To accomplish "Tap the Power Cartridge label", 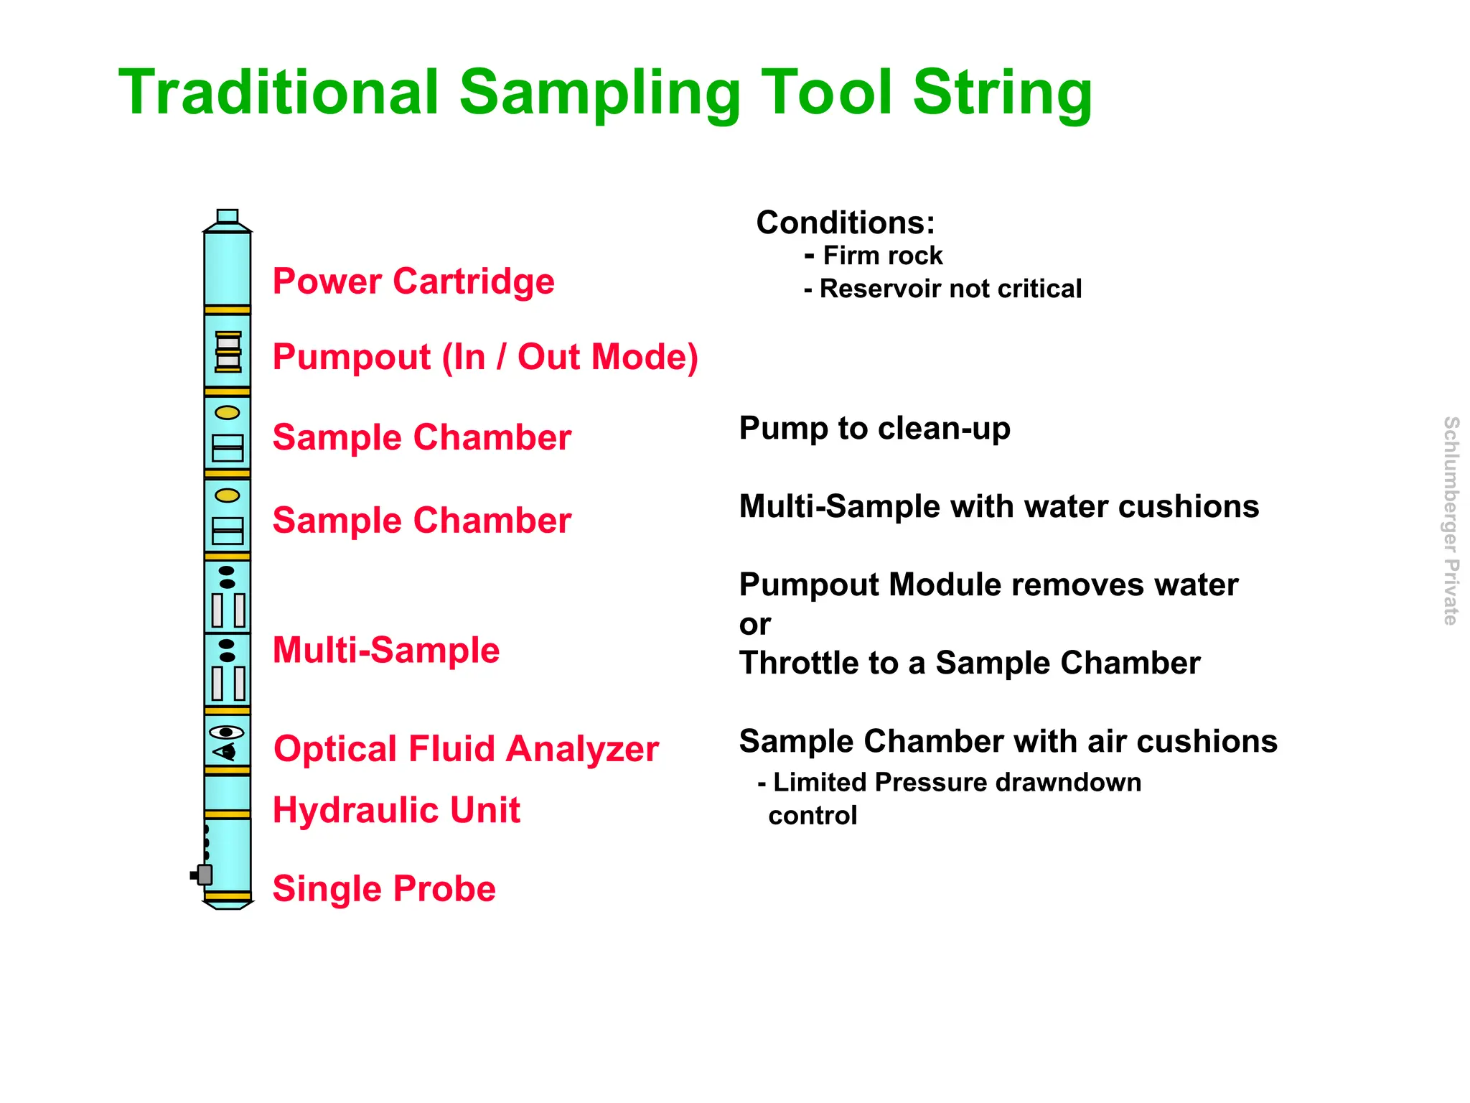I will [x=413, y=281].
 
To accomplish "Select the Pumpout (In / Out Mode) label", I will [x=485, y=357].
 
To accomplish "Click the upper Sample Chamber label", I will [x=421, y=437].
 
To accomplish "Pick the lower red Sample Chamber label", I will [x=421, y=520].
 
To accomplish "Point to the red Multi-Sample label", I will [x=386, y=650].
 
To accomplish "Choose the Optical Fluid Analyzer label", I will [x=466, y=748].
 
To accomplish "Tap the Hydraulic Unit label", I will [x=396, y=810].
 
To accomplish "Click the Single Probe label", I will [x=384, y=888].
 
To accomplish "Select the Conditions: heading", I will [x=846, y=223].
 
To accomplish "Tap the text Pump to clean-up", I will [x=874, y=428].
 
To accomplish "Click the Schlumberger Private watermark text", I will [x=1451, y=521].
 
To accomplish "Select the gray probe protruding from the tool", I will [x=203, y=875].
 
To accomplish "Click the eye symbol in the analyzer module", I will [x=227, y=732].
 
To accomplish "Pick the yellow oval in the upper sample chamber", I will [x=228, y=413].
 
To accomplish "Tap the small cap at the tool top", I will [x=228, y=216].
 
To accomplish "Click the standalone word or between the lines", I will [x=754, y=624].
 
